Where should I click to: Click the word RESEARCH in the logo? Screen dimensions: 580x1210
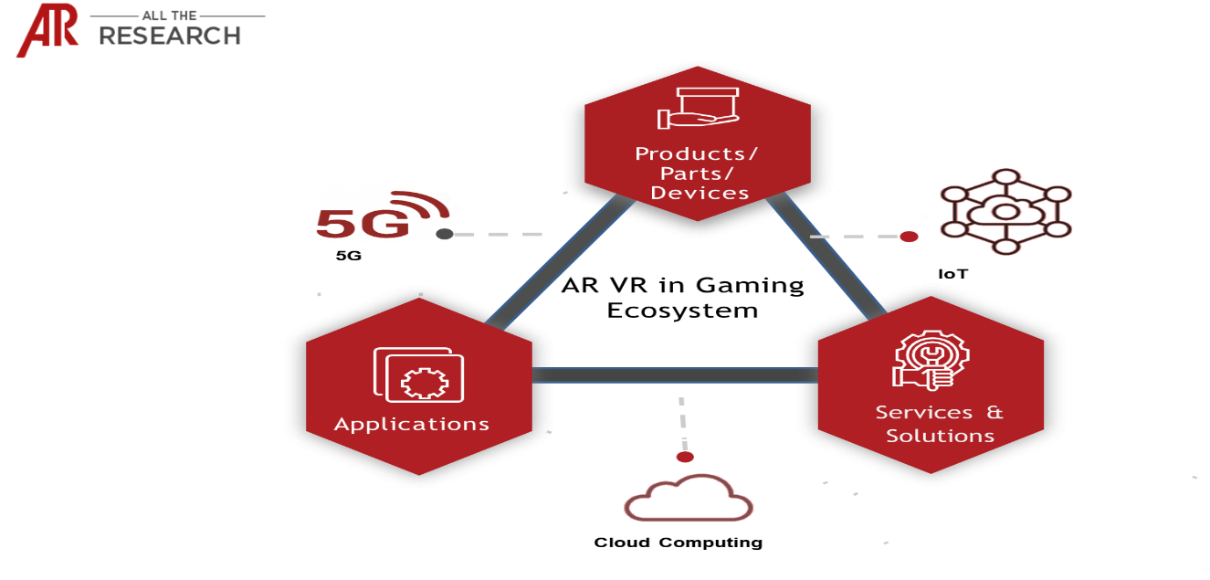point(170,36)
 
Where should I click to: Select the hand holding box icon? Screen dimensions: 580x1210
point(698,108)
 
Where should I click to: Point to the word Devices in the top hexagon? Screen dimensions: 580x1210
point(700,193)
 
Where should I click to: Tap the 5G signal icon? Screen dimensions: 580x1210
point(379,214)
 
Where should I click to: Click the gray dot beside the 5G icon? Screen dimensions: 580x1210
point(445,235)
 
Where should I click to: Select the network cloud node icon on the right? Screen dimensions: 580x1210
point(1005,211)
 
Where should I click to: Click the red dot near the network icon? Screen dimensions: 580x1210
point(909,237)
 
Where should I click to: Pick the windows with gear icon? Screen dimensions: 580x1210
point(418,374)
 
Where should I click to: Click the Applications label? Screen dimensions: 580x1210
point(412,424)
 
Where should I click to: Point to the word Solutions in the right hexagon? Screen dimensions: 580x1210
point(940,436)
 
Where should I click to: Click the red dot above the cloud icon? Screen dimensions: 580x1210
point(685,457)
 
